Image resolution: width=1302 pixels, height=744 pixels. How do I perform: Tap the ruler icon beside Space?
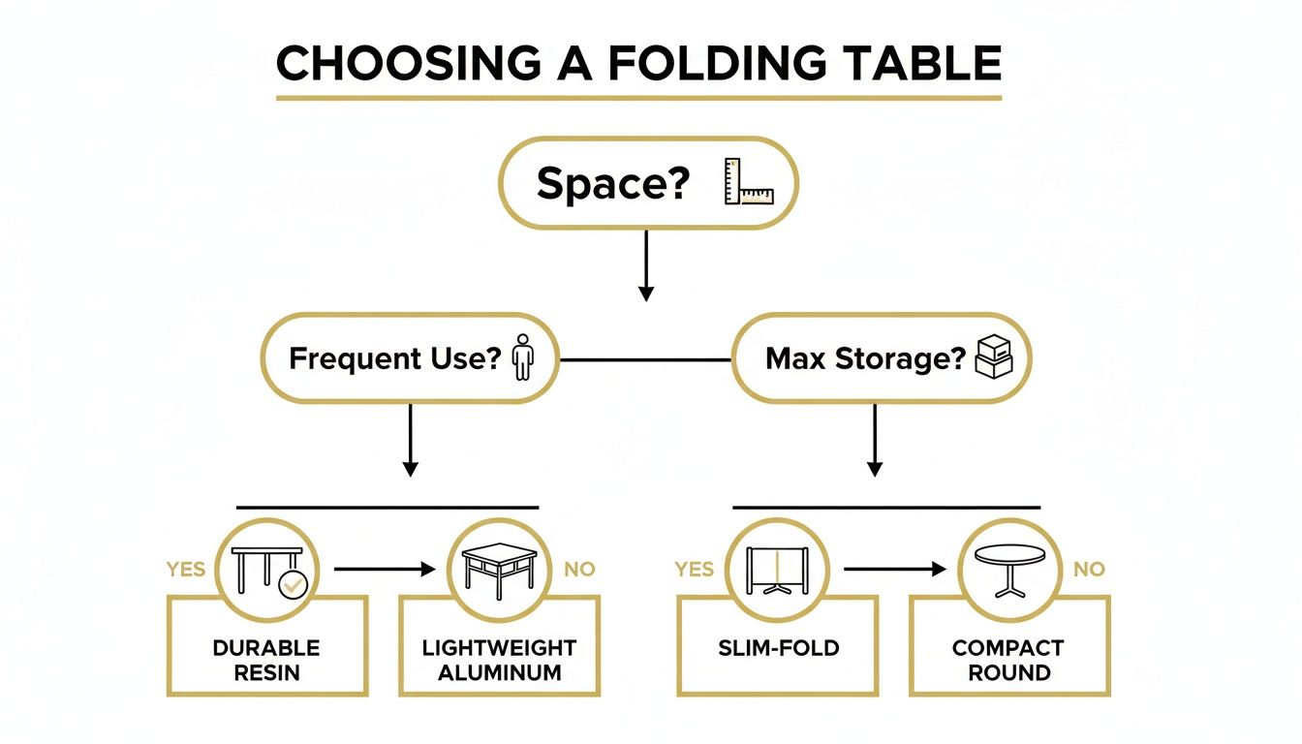750,182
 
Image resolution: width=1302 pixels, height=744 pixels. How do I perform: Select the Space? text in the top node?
611,183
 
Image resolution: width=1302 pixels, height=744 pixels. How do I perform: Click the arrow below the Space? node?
646,265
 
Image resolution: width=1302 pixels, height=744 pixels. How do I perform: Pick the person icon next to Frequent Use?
523,357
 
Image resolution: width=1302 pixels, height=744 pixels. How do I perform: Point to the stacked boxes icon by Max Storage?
992,357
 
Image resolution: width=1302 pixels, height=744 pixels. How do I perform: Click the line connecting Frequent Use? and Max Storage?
646,359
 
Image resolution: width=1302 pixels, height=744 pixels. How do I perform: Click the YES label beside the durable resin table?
185,570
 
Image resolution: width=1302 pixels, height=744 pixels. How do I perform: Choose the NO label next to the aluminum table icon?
579,570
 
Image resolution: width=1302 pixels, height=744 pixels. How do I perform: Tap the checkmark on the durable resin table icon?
293,583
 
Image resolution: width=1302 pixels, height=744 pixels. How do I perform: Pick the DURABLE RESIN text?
266,660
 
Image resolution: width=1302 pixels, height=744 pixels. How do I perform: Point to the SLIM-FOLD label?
778,648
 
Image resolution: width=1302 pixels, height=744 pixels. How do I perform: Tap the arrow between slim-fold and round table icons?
894,570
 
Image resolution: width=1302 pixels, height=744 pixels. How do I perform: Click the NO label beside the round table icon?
1089,570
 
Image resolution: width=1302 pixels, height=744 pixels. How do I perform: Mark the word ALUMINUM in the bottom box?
500,672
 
